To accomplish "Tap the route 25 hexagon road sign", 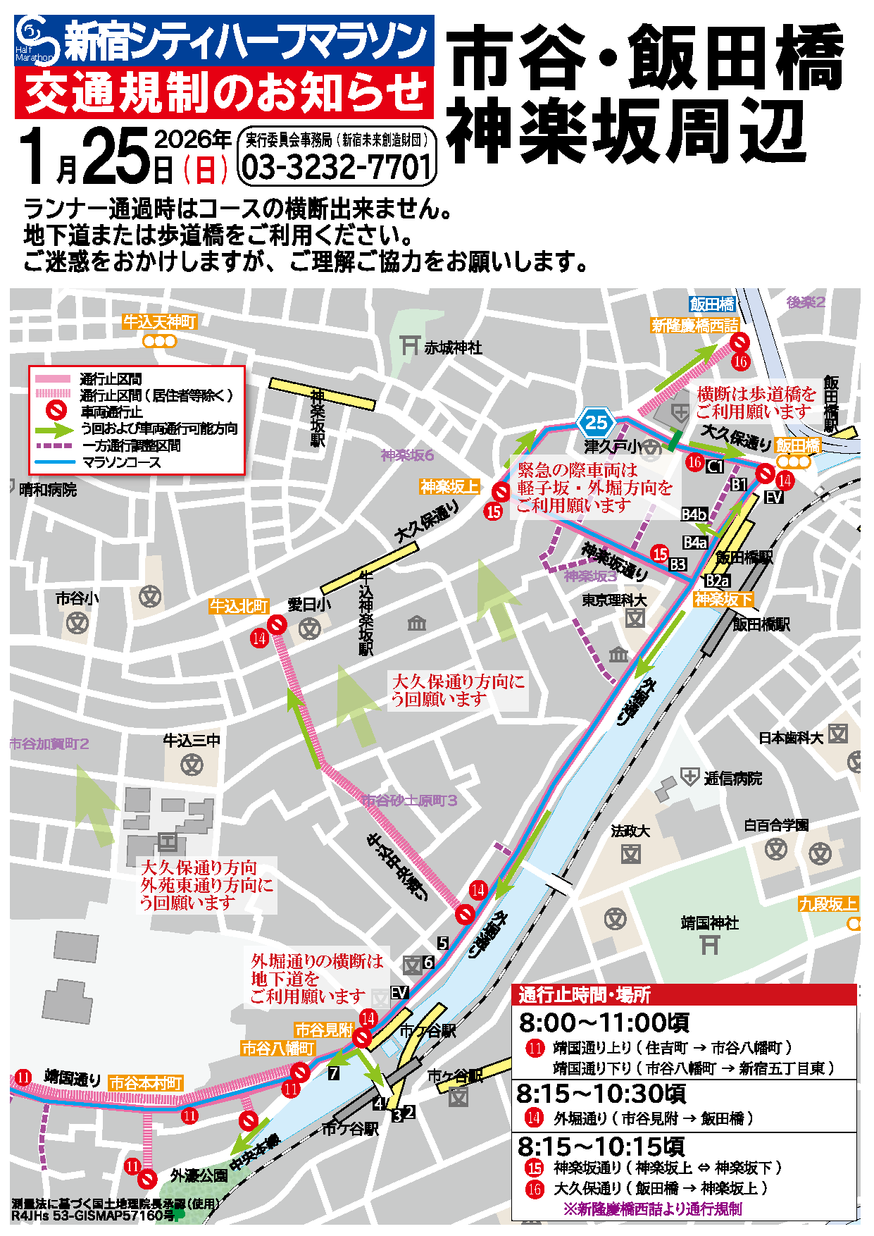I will (596, 423).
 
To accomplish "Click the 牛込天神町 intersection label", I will (160, 322).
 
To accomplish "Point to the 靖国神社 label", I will (709, 922).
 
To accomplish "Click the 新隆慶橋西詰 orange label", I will (694, 326).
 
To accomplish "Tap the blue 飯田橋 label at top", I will (711, 304).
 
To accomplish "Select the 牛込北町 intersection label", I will (239, 606).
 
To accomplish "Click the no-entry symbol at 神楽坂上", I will (501, 492).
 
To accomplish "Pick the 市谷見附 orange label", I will (323, 1030).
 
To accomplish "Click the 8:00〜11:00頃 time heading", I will (603, 1022).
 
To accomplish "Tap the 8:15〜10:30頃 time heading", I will (600, 1094).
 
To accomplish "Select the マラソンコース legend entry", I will (121, 462).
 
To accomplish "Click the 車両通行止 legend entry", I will (111, 412).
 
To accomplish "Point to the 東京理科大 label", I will (614, 600).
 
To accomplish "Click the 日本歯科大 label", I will (790, 738).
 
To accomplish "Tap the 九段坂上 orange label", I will (828, 904).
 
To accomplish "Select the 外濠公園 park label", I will (199, 1175).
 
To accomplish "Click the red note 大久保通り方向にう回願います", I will (458, 690).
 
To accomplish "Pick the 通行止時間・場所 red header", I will (585, 995).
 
